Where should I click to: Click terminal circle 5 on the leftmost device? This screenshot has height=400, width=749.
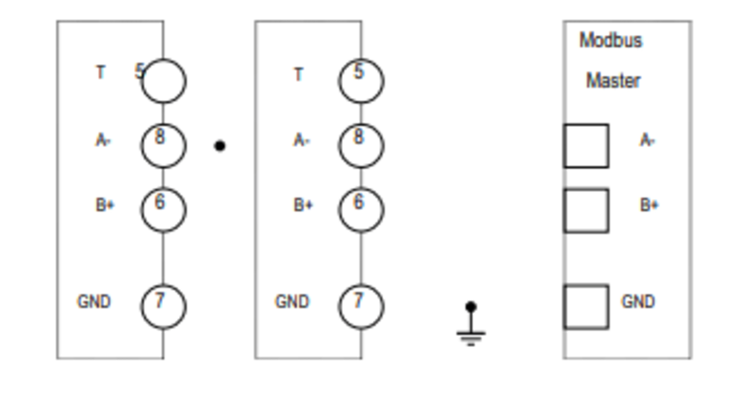(164, 81)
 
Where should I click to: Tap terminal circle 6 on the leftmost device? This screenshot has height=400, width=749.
(163, 210)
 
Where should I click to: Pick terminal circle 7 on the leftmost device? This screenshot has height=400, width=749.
(163, 306)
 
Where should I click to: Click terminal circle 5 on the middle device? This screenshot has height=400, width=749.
(360, 81)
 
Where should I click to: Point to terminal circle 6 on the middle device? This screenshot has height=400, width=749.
(360, 210)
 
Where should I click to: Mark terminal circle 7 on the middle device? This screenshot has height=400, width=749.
(360, 306)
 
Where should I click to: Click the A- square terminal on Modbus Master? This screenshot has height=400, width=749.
(586, 145)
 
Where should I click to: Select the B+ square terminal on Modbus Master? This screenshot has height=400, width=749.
(586, 210)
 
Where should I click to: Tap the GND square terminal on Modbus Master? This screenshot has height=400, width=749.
(586, 306)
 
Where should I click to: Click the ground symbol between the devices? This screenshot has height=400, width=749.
(471, 324)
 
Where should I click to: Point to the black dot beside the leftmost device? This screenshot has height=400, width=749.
(219, 146)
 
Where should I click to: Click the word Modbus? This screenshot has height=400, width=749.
(611, 41)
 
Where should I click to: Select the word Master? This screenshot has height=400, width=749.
(613, 81)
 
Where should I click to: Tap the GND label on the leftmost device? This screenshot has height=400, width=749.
(94, 301)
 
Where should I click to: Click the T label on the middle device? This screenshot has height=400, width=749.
(299, 74)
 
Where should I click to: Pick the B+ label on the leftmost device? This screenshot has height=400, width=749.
(105, 205)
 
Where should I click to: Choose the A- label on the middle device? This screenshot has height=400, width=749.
(301, 140)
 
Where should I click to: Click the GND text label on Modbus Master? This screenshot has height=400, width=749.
(638, 301)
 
